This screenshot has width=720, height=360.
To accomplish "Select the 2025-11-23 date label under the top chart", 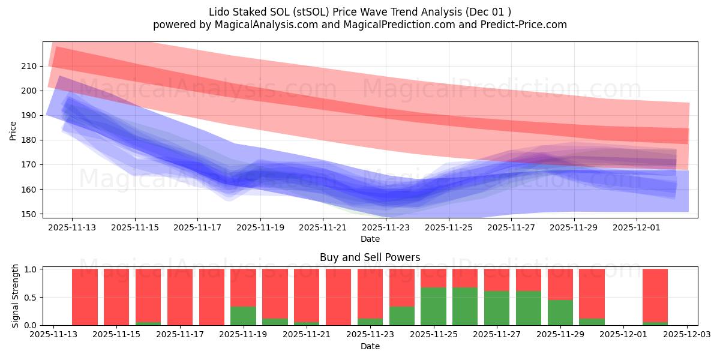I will coord(386,227).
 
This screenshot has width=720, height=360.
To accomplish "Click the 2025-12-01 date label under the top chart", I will coord(637,227).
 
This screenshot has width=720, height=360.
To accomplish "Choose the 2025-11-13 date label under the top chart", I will coord(72,227).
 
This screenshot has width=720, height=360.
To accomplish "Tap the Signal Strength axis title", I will coord(16,296).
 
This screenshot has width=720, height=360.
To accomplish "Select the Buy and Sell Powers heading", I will coord(370,257).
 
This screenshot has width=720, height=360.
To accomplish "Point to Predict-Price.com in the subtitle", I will coord(527,25).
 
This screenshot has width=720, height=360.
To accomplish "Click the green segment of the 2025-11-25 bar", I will coord(433,306).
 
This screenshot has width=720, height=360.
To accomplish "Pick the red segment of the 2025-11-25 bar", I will coord(433,278).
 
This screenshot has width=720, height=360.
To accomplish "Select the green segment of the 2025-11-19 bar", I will coord(243,316).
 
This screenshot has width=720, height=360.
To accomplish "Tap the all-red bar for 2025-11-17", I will coord(180,297).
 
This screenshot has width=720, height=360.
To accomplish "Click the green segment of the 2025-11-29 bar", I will coord(560,312).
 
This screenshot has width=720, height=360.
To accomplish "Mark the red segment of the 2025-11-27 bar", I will coord(497,280).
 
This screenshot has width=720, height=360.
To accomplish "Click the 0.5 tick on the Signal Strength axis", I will coord(31,297).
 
